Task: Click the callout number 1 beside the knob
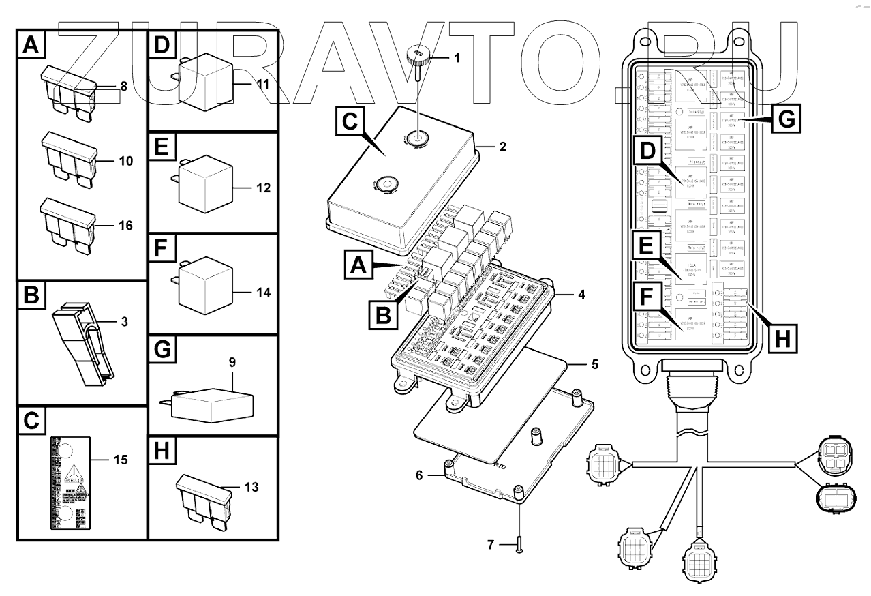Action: click(x=456, y=58)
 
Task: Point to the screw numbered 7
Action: click(x=519, y=543)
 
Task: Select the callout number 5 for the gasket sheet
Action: click(x=594, y=365)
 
